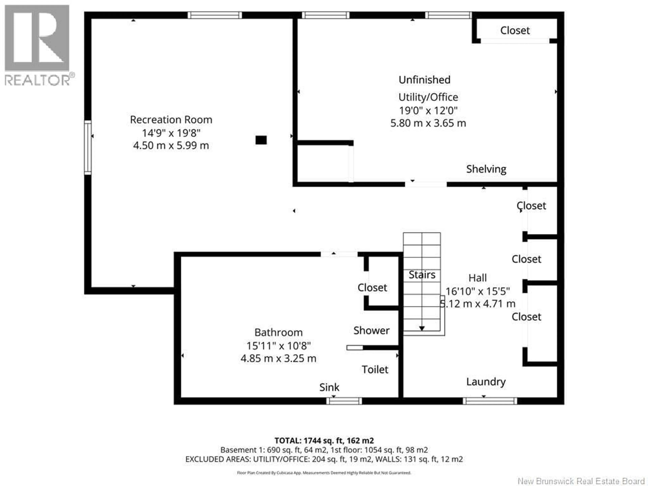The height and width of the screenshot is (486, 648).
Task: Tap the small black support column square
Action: click(261, 140)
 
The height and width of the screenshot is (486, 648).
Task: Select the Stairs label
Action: click(422, 275)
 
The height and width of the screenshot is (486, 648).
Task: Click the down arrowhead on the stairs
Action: click(422, 328)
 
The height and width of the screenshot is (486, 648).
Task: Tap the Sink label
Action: click(329, 387)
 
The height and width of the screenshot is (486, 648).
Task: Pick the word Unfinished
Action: click(424, 80)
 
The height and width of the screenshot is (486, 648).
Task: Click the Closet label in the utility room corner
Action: click(515, 31)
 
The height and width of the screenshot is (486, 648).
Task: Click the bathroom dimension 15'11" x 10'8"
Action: click(278, 346)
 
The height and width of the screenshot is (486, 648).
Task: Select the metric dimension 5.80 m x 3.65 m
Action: click(428, 123)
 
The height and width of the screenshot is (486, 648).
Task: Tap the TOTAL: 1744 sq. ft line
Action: click(324, 441)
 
